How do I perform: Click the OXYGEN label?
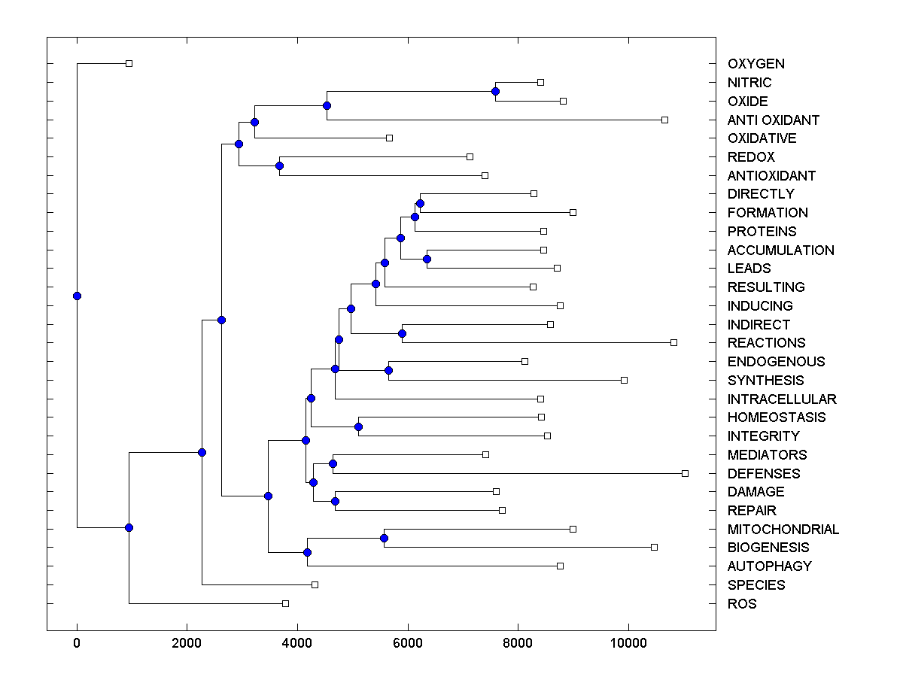(756, 64)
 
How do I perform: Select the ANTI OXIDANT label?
(774, 120)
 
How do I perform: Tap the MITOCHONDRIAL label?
(783, 530)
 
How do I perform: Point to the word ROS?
(742, 604)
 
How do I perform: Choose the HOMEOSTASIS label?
(777, 417)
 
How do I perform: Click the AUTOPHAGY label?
(769, 566)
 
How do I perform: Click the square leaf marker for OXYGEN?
(129, 64)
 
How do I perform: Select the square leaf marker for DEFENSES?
(685, 473)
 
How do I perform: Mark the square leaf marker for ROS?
(285, 603)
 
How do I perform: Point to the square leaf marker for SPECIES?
(315, 584)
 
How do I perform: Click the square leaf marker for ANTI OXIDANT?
(664, 120)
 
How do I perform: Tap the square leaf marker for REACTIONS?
(673, 342)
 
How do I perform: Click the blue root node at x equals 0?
(77, 296)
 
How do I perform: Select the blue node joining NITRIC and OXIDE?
(495, 91)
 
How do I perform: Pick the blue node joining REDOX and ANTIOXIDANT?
(279, 165)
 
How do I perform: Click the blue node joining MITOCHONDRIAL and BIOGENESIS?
(384, 538)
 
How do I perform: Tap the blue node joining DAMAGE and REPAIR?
(335, 501)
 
